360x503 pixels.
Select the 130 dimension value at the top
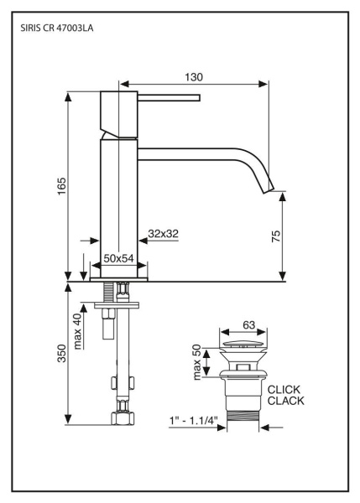click(x=193, y=76)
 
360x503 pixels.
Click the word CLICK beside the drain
click(x=284, y=389)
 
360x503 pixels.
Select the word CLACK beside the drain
click(x=284, y=401)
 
